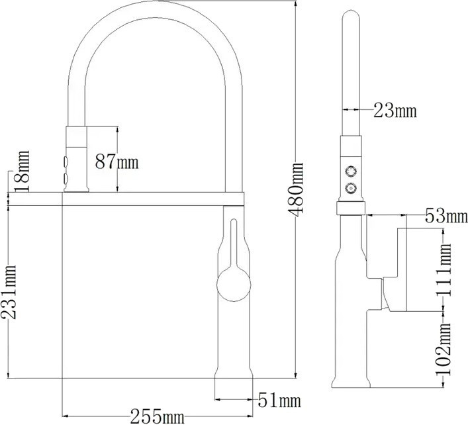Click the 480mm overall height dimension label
point(295,189)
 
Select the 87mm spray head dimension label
point(117,162)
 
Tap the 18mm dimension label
point(22,171)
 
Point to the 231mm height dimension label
point(9,292)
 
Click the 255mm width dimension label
point(157,416)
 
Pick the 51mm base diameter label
point(279,401)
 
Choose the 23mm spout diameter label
point(395,111)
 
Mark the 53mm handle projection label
point(446,216)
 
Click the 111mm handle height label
point(444,269)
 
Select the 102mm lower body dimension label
point(444,349)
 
